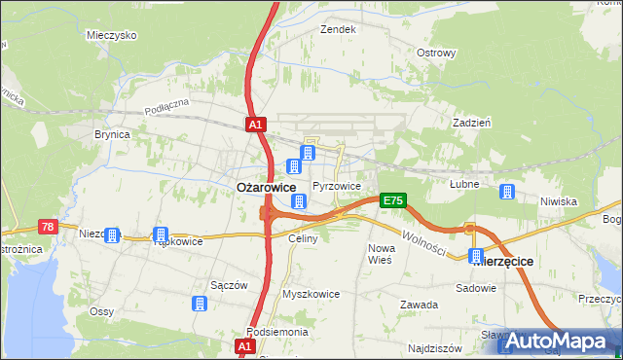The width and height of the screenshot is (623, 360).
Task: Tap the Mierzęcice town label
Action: pyautogui.click(x=512, y=263)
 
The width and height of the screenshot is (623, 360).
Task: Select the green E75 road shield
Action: pyautogui.click(x=392, y=200)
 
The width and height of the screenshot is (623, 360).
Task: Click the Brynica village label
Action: pyautogui.click(x=112, y=135)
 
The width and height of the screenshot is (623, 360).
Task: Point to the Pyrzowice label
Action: pyautogui.click(x=337, y=186)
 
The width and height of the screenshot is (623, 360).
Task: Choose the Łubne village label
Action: pyautogui.click(x=466, y=183)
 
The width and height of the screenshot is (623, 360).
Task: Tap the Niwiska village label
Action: pyautogui.click(x=559, y=201)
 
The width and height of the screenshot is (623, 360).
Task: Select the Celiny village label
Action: pyautogui.click(x=303, y=238)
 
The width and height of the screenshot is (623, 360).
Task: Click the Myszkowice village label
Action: pyautogui.click(x=311, y=293)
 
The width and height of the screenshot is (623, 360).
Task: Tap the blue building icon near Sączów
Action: pyautogui.click(x=200, y=305)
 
